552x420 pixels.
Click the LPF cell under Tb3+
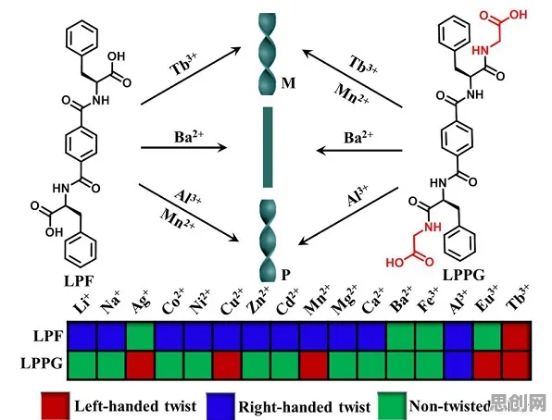(517, 337)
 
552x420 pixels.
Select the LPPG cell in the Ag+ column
(141, 365)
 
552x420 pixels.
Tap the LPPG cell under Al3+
(458, 365)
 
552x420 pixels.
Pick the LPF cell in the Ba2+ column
(401, 337)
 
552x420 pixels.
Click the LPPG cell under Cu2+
(228, 365)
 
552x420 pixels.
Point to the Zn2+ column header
(258, 300)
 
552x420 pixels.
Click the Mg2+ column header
(345, 300)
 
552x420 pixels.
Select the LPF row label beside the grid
(48, 337)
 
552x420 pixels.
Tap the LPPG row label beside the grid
(42, 363)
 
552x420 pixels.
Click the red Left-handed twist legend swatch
(56, 406)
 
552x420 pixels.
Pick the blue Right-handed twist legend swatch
(220, 406)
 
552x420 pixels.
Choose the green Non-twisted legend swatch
(392, 406)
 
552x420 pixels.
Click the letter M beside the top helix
(288, 83)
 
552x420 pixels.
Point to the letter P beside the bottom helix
(285, 275)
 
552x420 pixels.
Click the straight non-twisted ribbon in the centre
(268, 147)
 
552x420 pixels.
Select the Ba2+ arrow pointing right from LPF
(183, 148)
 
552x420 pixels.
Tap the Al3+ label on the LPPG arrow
(358, 195)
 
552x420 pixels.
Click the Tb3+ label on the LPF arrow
(183, 64)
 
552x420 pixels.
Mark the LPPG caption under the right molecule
(463, 275)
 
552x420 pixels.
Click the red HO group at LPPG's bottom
(395, 263)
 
